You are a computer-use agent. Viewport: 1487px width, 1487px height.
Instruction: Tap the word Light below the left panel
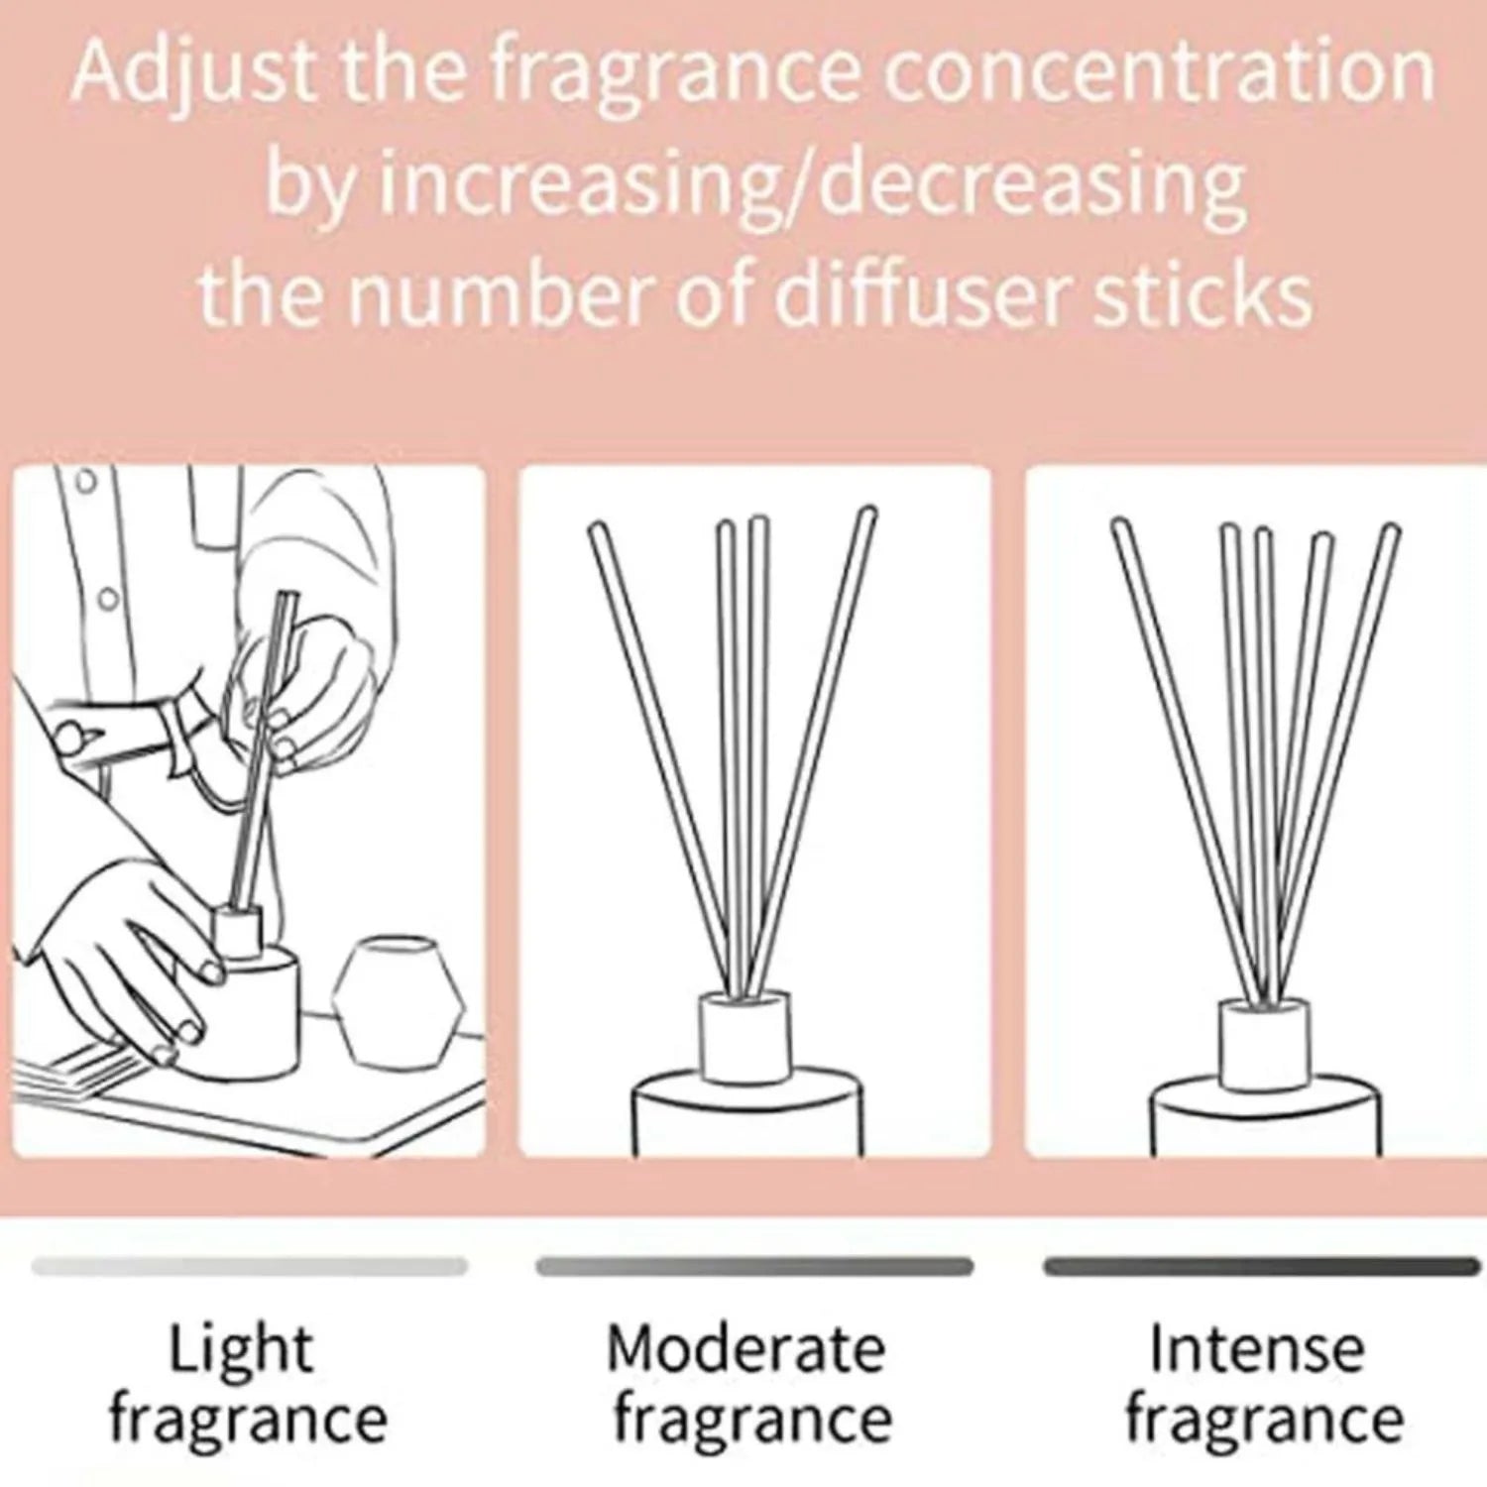coord(241,1349)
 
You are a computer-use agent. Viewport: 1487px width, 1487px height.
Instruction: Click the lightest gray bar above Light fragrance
coord(248,1266)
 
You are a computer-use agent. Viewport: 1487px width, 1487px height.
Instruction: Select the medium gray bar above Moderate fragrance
coord(754,1266)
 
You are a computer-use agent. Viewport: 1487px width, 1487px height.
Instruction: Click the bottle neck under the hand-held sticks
coord(238,932)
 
